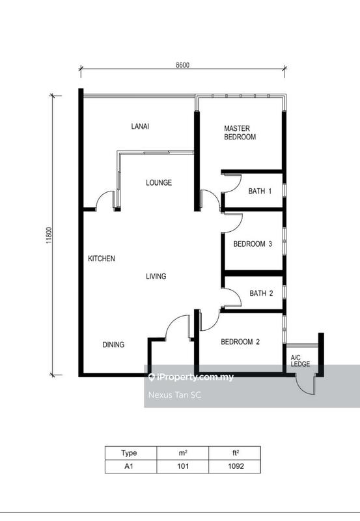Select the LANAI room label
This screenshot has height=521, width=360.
[140, 126]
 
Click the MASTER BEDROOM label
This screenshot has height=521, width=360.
[240, 133]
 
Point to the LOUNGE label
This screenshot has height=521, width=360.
[158, 183]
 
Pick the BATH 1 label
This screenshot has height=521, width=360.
[260, 191]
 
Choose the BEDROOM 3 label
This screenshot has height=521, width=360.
[253, 244]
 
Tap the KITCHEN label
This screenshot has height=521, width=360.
[102, 259]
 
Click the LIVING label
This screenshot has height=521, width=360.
[156, 276]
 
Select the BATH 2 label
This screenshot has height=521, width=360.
[261, 294]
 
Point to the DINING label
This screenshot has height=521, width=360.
[113, 345]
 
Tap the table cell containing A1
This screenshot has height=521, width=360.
[131, 466]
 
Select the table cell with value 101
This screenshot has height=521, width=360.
[182, 466]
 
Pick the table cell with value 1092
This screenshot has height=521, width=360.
[234, 466]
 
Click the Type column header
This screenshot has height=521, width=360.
[131, 453]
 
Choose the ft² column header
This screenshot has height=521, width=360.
[234, 453]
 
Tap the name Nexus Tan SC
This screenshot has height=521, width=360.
[172, 394]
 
